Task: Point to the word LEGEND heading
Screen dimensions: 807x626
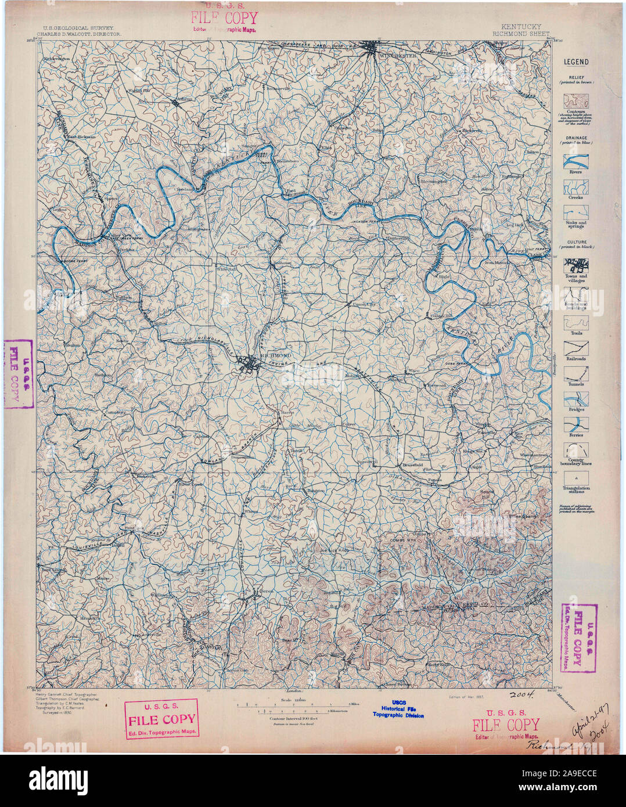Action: (x=575, y=62)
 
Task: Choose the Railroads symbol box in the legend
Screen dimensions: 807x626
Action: (x=575, y=347)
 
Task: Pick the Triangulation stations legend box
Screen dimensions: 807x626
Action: (x=575, y=475)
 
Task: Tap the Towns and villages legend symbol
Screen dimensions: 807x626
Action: (x=575, y=265)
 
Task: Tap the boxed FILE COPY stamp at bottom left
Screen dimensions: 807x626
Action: (x=161, y=718)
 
